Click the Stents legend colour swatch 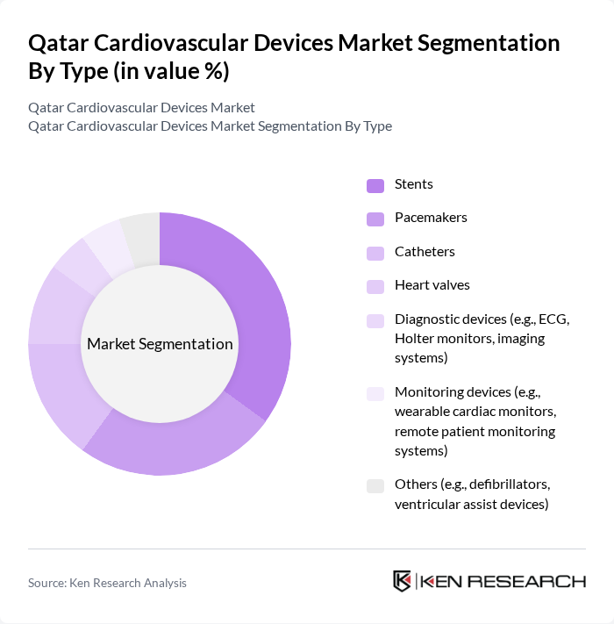pyautogui.click(x=375, y=185)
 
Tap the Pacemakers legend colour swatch pyautogui.click(x=375, y=219)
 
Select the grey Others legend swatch pyautogui.click(x=375, y=485)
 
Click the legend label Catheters pyautogui.click(x=425, y=252)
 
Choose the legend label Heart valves pyautogui.click(x=432, y=285)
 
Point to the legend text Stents pyautogui.click(x=414, y=184)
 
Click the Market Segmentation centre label pyautogui.click(x=160, y=344)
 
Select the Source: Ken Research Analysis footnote pyautogui.click(x=107, y=583)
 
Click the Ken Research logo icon pyautogui.click(x=403, y=581)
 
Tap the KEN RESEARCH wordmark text pyautogui.click(x=503, y=581)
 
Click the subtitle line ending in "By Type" pyautogui.click(x=210, y=126)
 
